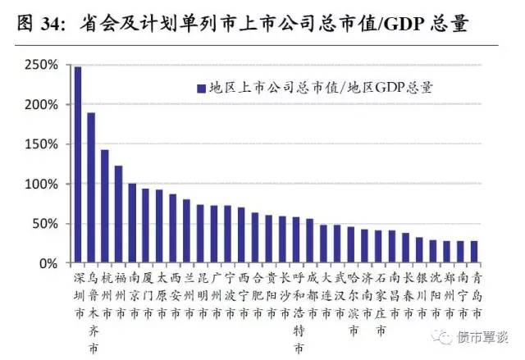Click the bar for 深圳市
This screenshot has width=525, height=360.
(x=78, y=165)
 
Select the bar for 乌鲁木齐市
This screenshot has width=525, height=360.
(x=91, y=188)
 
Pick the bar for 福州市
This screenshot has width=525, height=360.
(x=119, y=214)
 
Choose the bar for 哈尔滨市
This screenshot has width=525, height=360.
(x=351, y=245)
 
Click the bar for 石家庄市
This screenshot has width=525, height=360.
(x=379, y=247)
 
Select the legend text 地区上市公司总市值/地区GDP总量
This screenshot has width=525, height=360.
(x=321, y=85)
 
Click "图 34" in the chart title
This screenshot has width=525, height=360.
(x=38, y=24)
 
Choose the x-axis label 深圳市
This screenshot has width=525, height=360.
(x=78, y=294)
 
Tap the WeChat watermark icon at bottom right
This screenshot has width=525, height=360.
(x=443, y=336)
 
